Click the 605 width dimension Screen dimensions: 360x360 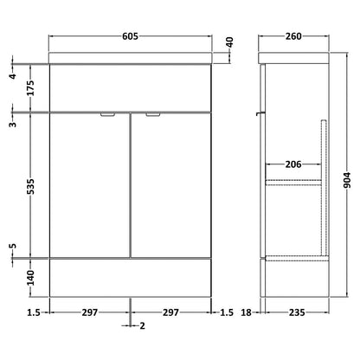click(131, 36)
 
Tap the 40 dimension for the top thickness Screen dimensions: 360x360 click(229, 42)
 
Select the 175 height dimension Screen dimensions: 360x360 click(30, 88)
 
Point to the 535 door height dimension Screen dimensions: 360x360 click(30, 186)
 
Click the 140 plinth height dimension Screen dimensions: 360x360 click(30, 278)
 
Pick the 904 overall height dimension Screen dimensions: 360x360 click(347, 180)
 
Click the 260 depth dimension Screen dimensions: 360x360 click(293, 36)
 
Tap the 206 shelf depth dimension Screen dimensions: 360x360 click(293, 164)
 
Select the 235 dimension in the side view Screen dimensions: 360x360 click(297, 312)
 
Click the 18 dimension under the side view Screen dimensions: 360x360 click(247, 312)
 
